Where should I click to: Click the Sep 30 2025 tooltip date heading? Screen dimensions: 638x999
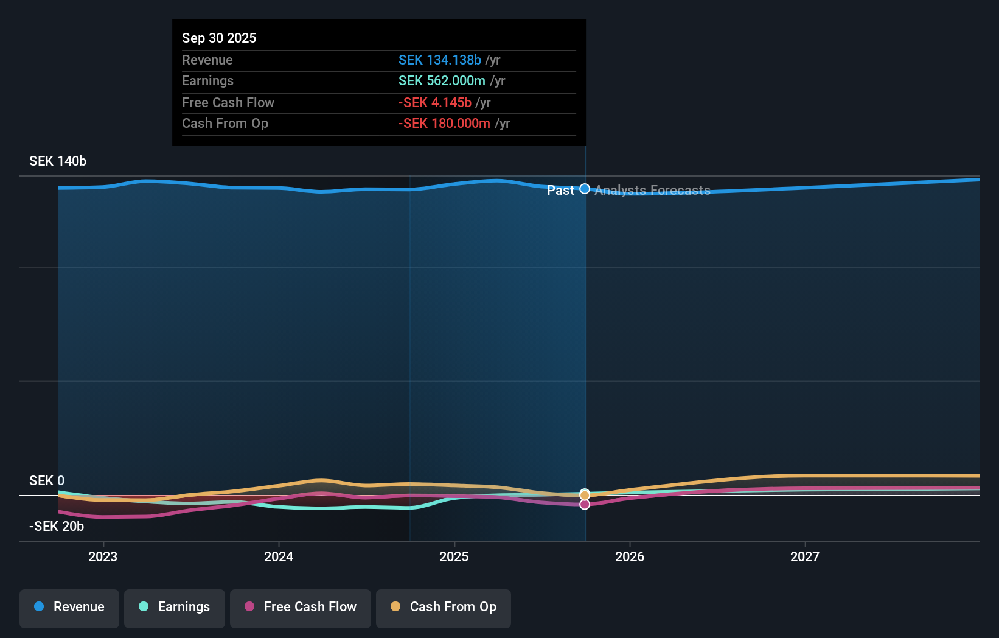[219, 38]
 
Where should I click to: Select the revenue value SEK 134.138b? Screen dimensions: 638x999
[439, 60]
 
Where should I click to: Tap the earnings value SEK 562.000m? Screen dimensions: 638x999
[442, 81]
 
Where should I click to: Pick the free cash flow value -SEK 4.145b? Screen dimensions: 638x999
[434, 102]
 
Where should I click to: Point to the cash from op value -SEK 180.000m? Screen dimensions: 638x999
[444, 124]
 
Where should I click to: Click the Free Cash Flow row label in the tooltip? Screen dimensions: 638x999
[228, 102]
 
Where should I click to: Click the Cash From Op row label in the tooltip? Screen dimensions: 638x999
[225, 124]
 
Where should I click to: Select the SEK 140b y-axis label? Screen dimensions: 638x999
[58, 161]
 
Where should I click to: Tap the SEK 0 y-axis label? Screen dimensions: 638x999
[47, 480]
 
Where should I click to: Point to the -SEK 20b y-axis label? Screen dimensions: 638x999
[57, 526]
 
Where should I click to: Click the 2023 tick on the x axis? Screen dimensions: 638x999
[103, 556]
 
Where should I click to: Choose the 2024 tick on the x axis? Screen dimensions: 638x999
[279, 556]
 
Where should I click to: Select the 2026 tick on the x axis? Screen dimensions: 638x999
[630, 556]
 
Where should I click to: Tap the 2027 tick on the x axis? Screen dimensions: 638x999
[805, 556]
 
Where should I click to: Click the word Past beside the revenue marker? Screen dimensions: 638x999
[560, 191]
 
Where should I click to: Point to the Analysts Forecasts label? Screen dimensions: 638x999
[652, 191]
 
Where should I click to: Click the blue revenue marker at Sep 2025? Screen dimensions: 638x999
[585, 189]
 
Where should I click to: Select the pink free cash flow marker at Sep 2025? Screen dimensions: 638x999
[585, 504]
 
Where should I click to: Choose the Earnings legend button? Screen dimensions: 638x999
[175, 607]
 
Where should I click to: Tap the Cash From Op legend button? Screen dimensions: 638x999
[444, 607]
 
